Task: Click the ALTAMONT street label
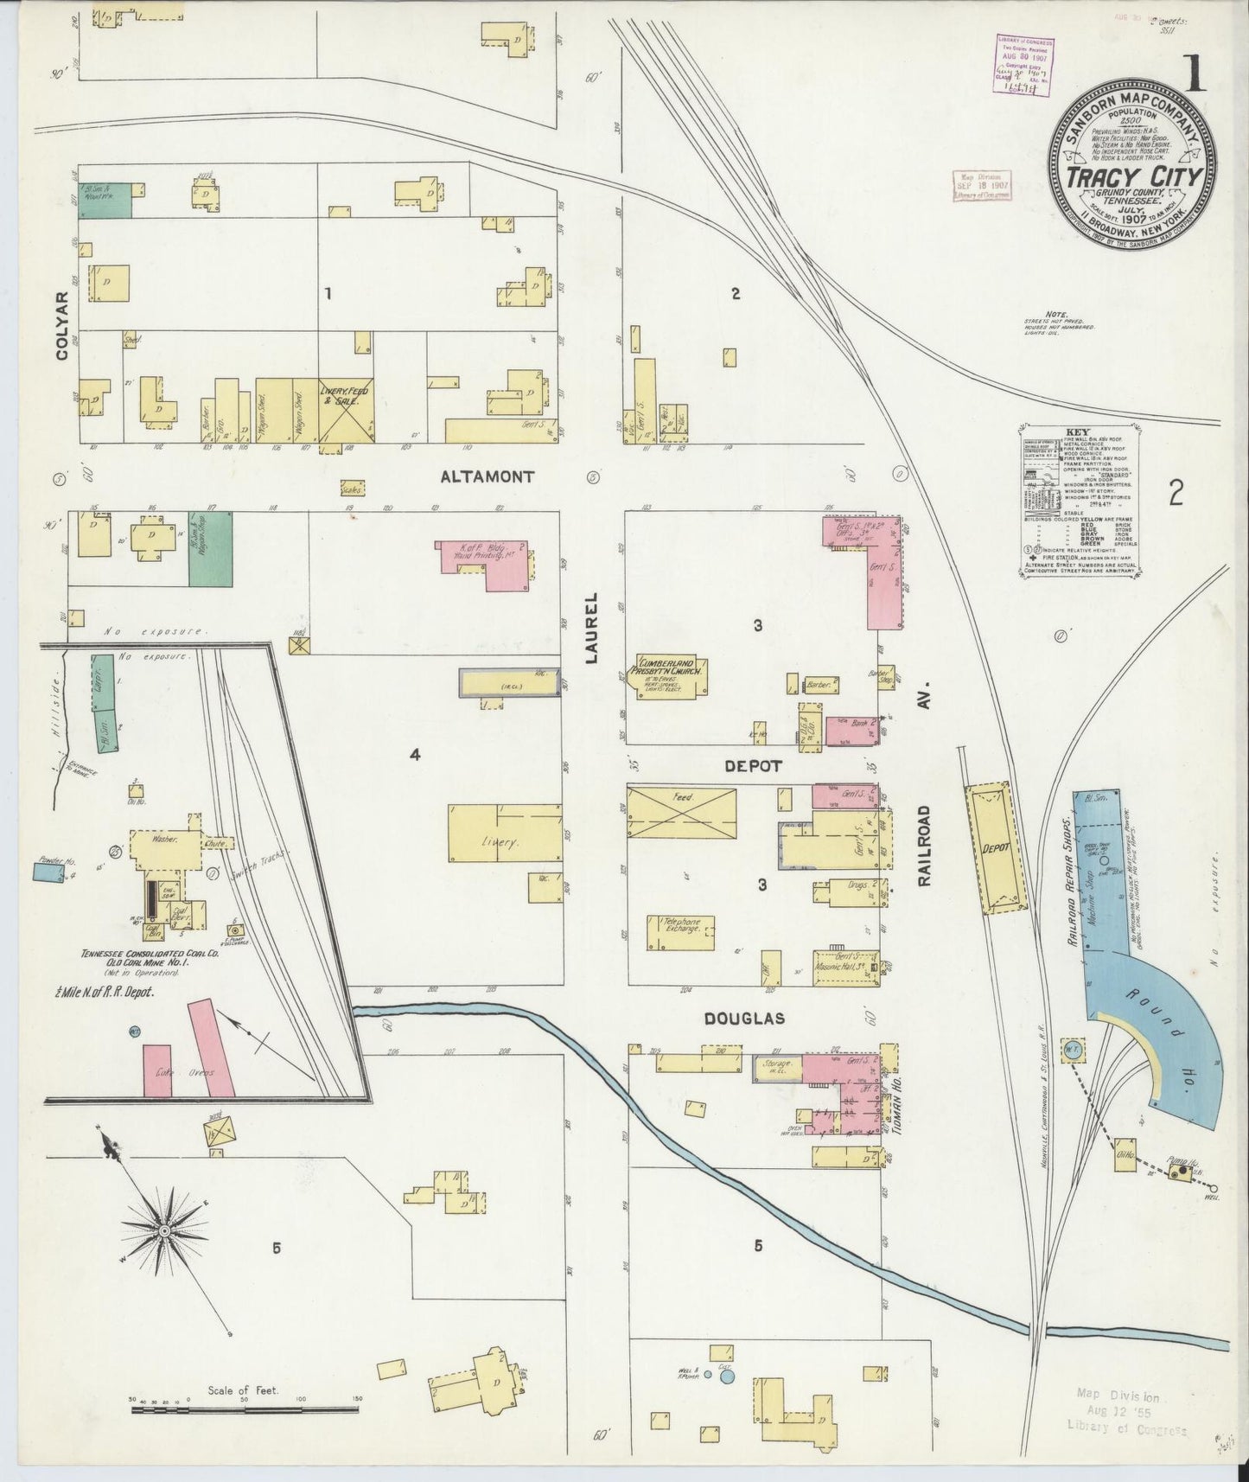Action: (487, 476)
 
